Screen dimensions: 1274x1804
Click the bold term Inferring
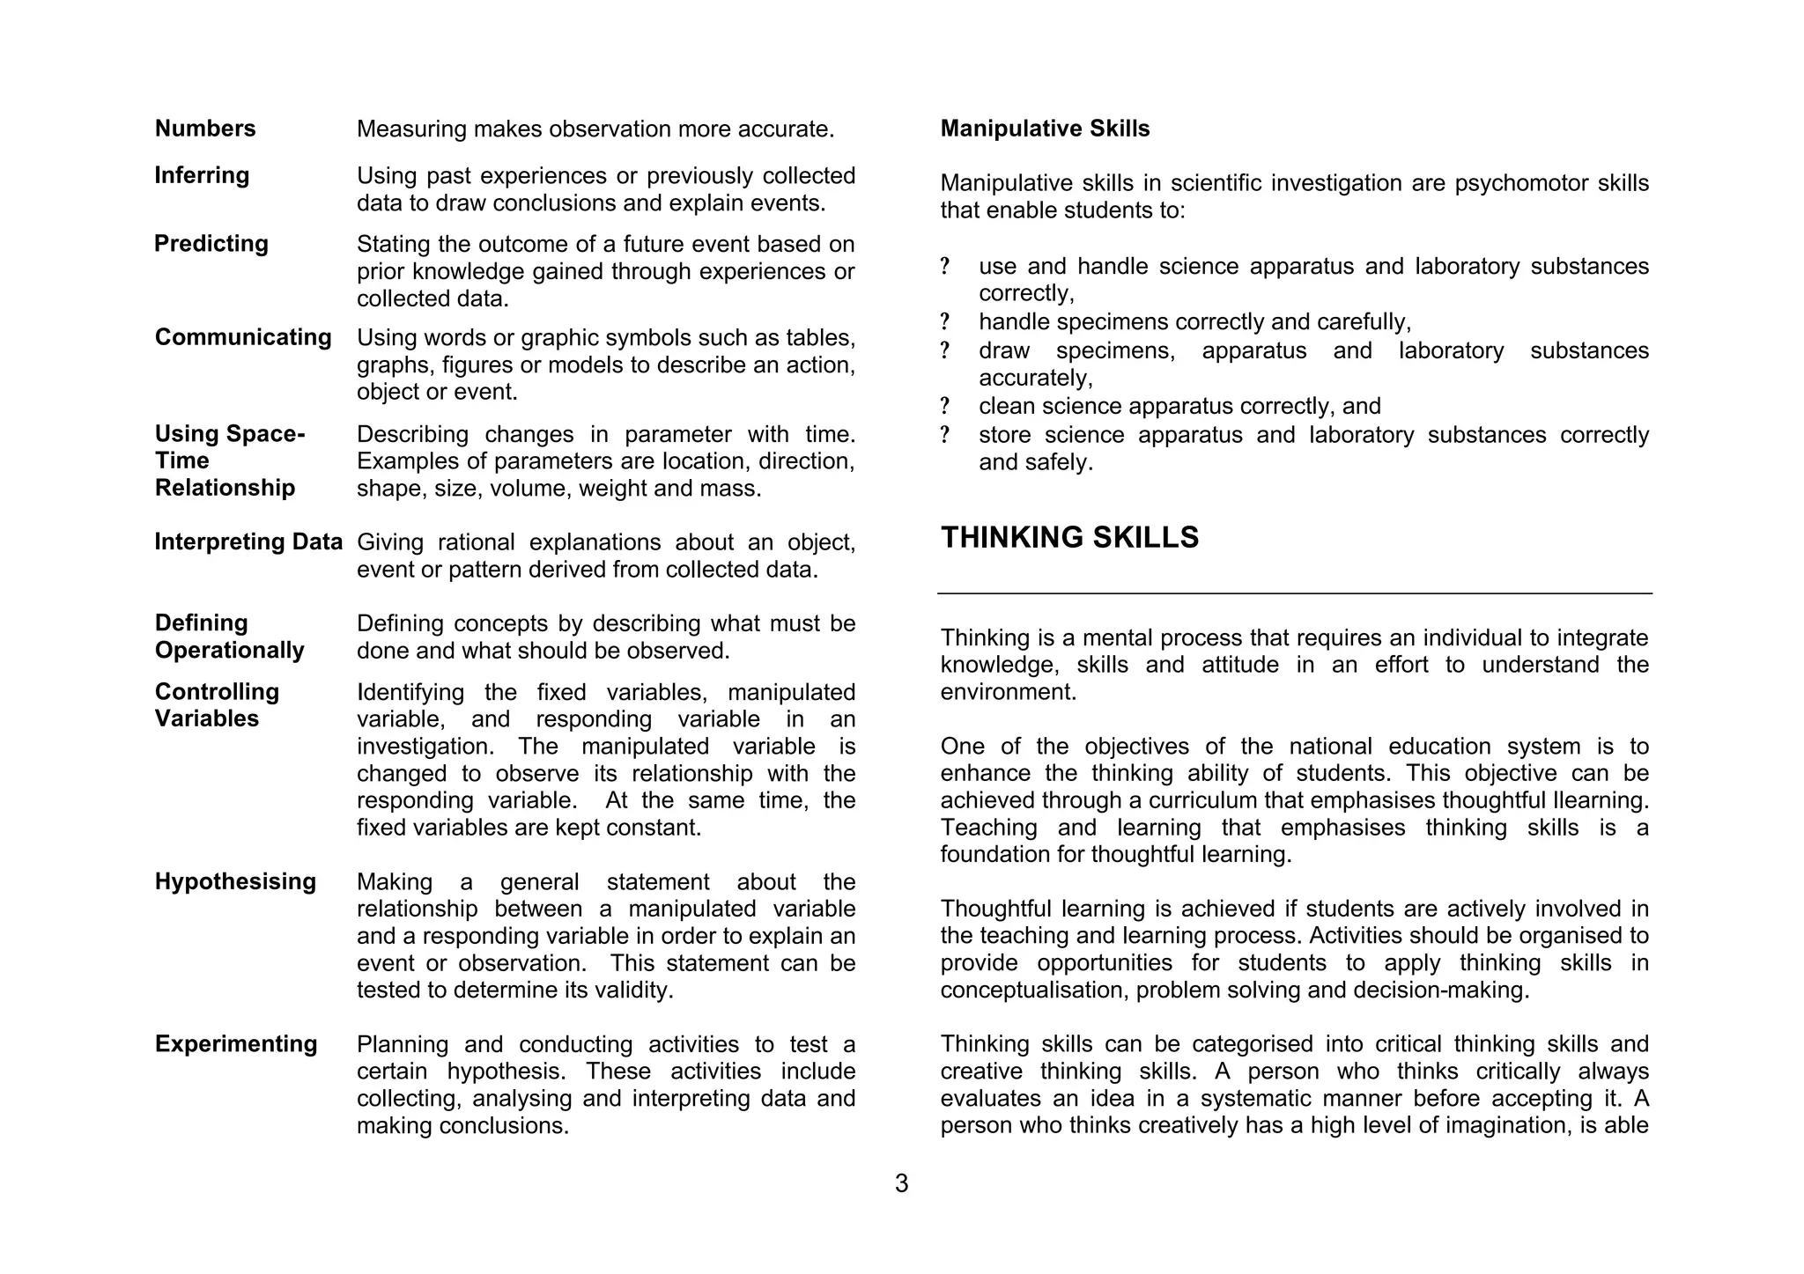tap(202, 175)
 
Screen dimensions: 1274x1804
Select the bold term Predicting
tap(211, 244)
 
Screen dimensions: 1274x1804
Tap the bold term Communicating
tap(243, 337)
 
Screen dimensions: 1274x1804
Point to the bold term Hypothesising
tap(235, 881)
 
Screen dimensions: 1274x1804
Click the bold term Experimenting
tap(236, 1044)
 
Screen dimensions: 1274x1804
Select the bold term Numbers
tap(205, 129)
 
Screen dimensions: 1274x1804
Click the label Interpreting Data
tap(248, 541)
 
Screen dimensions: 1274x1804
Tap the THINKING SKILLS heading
tap(1069, 537)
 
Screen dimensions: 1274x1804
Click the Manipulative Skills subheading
tap(1045, 129)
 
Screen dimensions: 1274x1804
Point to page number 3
tap(901, 1183)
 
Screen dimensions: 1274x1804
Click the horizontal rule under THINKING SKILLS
tap(1294, 593)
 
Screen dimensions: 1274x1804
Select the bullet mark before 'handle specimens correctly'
tap(945, 322)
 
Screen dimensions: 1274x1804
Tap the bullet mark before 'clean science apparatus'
tap(945, 407)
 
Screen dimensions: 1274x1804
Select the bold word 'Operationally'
tap(230, 651)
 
